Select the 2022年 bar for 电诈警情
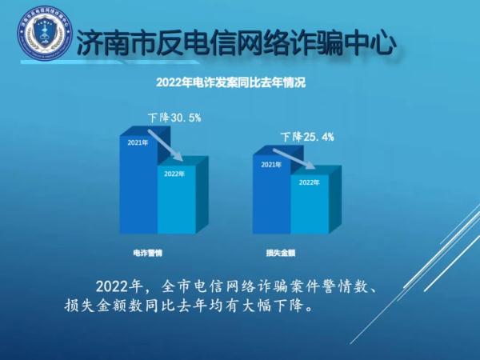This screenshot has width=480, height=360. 176,200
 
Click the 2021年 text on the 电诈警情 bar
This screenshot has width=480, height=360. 138,143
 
